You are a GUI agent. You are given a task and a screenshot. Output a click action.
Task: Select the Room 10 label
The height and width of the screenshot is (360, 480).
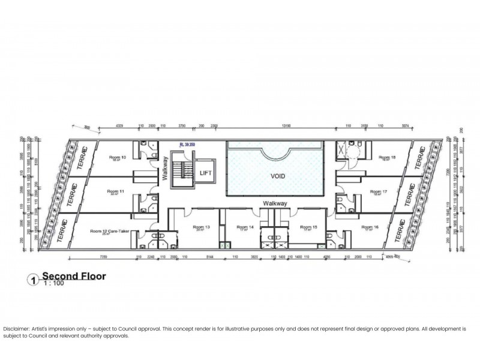(118, 158)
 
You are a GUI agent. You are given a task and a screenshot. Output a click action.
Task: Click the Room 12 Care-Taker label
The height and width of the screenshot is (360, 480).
(110, 231)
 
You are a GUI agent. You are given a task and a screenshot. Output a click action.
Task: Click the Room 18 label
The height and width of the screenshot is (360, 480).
(380, 158)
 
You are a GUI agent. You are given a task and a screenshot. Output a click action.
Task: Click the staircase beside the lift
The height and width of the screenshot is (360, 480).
(181, 172)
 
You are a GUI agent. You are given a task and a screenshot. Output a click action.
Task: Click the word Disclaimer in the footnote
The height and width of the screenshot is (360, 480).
(16, 329)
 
